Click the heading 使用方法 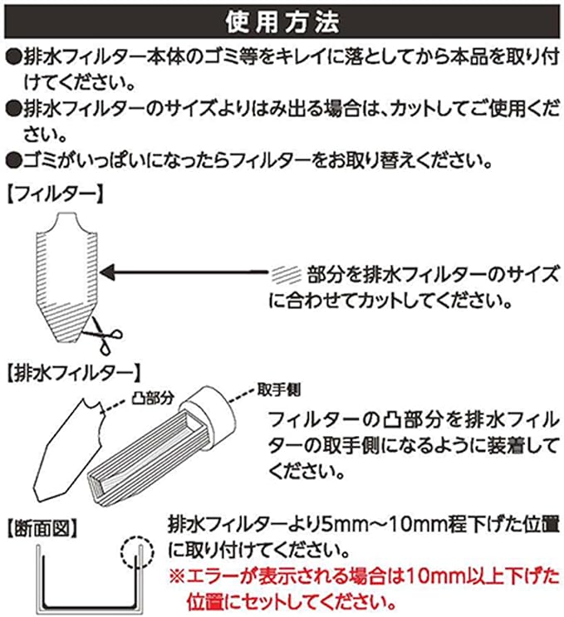point(282,22)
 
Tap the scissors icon point(103,335)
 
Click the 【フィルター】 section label point(56,194)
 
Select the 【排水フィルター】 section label point(74,373)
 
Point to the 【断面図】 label point(42,528)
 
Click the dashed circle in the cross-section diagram point(137,552)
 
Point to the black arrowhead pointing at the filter point(108,272)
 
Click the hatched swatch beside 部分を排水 point(286,274)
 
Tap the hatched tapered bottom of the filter point(66,322)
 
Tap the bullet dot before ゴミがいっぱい point(13,161)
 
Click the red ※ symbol point(177,577)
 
